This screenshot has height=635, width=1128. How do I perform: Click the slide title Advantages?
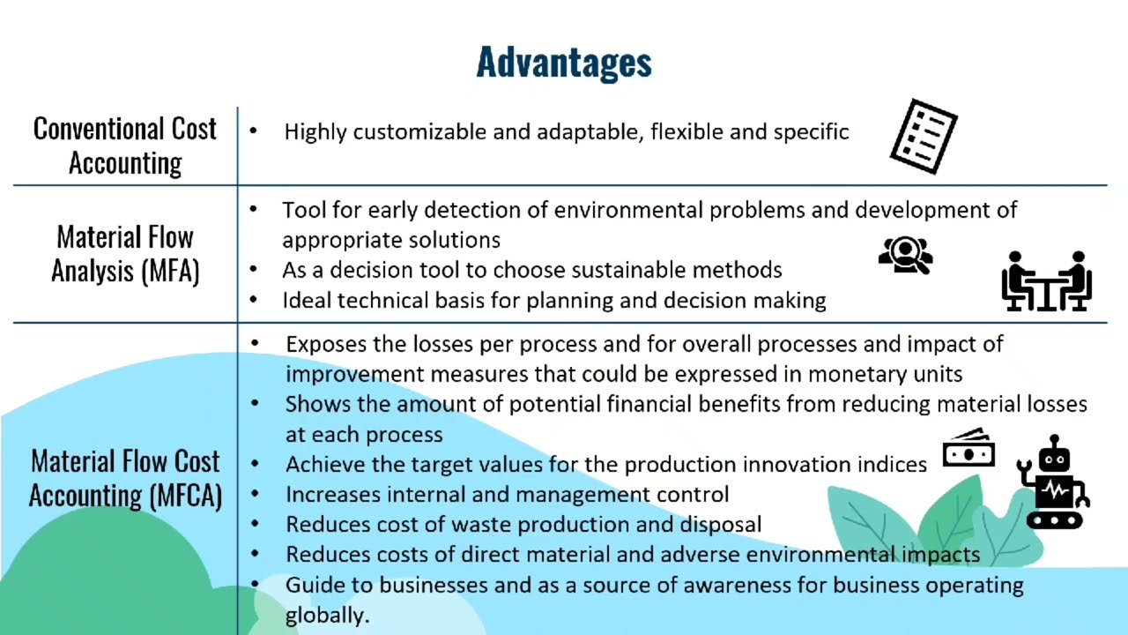(x=564, y=63)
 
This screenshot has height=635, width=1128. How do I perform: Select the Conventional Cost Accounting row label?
(x=125, y=146)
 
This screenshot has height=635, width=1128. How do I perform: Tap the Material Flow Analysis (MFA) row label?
(x=125, y=254)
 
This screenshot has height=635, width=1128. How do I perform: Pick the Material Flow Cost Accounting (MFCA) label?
(x=125, y=478)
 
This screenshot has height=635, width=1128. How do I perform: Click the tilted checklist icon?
(x=924, y=136)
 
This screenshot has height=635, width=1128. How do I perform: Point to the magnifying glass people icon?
(x=906, y=256)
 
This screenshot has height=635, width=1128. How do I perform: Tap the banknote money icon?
(x=968, y=449)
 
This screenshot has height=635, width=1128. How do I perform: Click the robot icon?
(x=1053, y=482)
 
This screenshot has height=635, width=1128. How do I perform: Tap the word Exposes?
(x=323, y=344)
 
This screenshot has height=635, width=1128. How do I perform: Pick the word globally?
(x=326, y=616)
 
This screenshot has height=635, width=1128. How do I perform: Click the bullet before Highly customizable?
(x=254, y=131)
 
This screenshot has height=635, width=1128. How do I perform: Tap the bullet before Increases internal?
(x=256, y=494)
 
